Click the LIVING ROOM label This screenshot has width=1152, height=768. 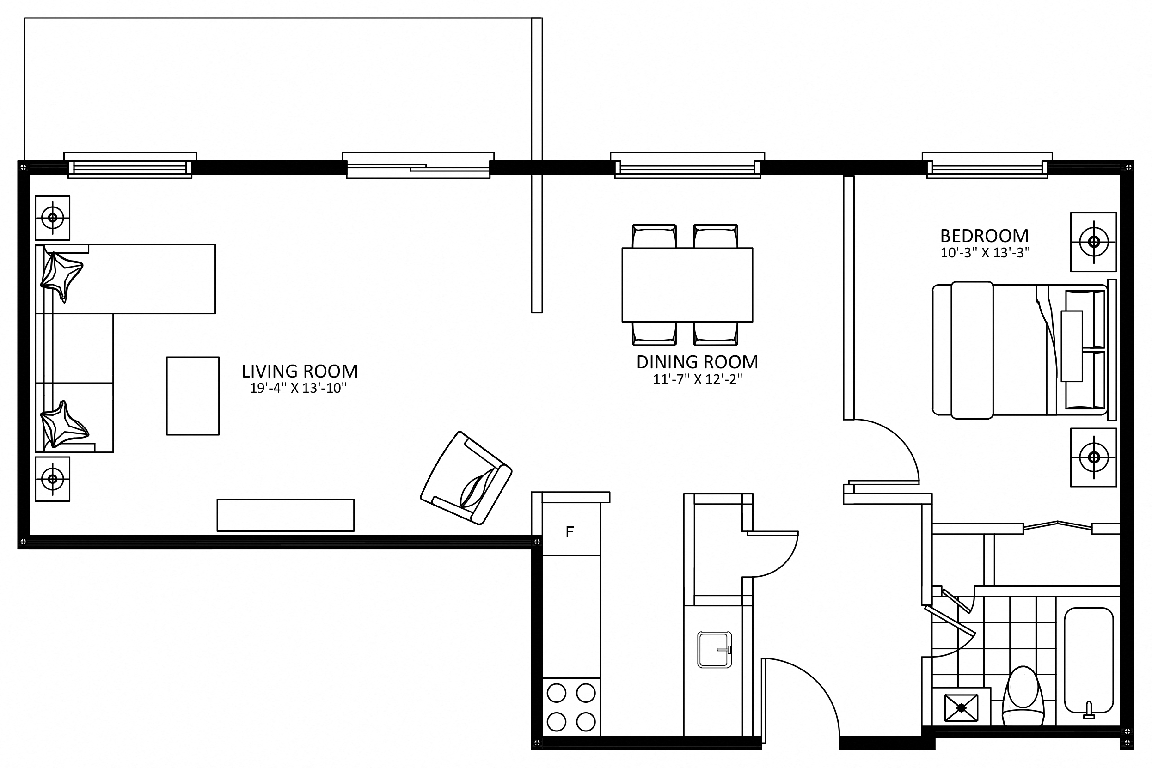(x=300, y=371)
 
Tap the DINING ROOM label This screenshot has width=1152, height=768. (x=697, y=362)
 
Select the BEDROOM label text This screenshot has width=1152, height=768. (x=984, y=236)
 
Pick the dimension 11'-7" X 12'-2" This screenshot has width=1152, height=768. (x=697, y=379)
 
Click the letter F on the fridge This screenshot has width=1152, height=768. (x=570, y=532)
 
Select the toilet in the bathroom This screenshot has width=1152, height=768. (x=1023, y=695)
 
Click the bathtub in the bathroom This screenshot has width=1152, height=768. (x=1089, y=660)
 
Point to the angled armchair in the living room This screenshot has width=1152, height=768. (x=466, y=478)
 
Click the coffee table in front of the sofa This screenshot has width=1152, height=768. (x=193, y=396)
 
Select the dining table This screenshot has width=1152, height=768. (x=687, y=285)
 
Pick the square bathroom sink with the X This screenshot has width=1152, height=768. (x=961, y=708)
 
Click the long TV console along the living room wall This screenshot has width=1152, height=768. (x=285, y=515)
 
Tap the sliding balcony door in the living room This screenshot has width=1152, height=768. (x=418, y=165)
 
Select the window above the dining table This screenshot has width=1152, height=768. (x=687, y=165)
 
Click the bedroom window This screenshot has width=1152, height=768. (x=987, y=165)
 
